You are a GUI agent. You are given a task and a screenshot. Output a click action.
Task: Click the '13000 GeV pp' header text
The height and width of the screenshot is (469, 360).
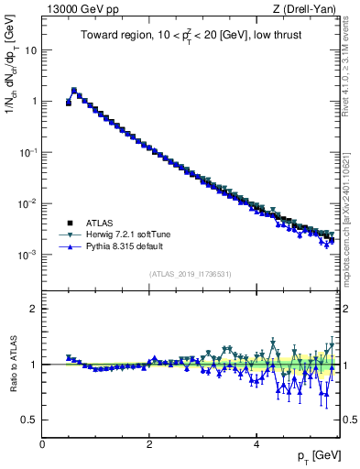[x=80, y=9]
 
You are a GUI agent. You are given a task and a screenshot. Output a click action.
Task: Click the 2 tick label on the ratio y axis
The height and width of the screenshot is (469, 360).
[x=34, y=309]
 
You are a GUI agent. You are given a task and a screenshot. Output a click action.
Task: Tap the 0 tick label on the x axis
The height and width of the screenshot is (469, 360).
[x=42, y=444]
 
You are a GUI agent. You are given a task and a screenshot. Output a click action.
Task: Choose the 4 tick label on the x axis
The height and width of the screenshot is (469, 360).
[x=256, y=444]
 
